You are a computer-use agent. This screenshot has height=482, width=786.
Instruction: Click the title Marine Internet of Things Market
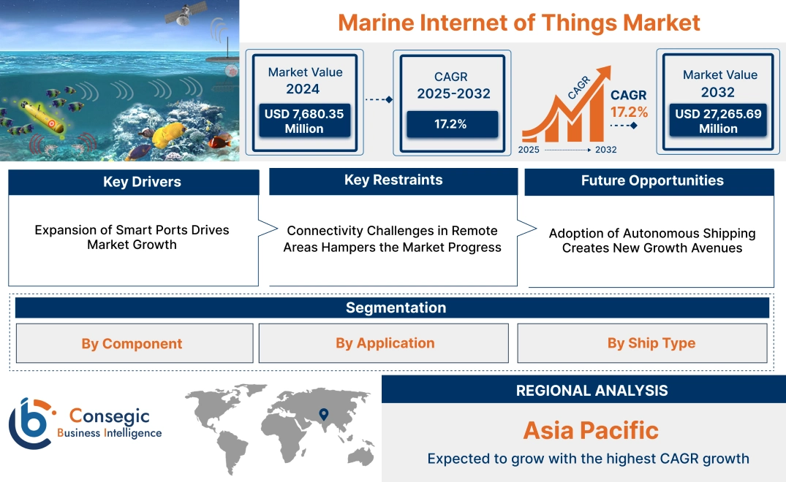[518, 23]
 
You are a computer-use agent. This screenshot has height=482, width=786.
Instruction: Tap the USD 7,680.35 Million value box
[304, 121]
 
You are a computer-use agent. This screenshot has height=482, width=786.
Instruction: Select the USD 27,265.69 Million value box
[718, 121]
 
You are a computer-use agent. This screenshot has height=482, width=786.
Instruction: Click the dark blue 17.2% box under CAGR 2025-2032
[452, 124]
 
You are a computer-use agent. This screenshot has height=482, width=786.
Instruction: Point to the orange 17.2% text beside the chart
[629, 112]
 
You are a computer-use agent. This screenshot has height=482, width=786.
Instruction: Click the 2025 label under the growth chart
[529, 150]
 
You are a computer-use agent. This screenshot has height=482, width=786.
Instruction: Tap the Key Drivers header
[133, 183]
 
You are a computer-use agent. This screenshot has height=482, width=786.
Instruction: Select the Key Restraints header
[393, 180]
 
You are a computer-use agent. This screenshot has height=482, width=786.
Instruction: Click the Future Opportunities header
[651, 181]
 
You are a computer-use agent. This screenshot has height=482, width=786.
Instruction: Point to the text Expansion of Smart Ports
[132, 230]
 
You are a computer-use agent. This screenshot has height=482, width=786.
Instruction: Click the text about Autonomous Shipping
[651, 241]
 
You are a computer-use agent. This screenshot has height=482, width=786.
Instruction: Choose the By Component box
[132, 343]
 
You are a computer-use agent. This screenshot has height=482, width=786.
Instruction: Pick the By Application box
[385, 343]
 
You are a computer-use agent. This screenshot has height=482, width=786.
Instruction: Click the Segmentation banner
[395, 307]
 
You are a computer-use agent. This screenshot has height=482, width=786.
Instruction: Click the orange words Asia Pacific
[591, 430]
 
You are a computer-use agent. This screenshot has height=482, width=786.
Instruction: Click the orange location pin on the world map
[323, 416]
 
